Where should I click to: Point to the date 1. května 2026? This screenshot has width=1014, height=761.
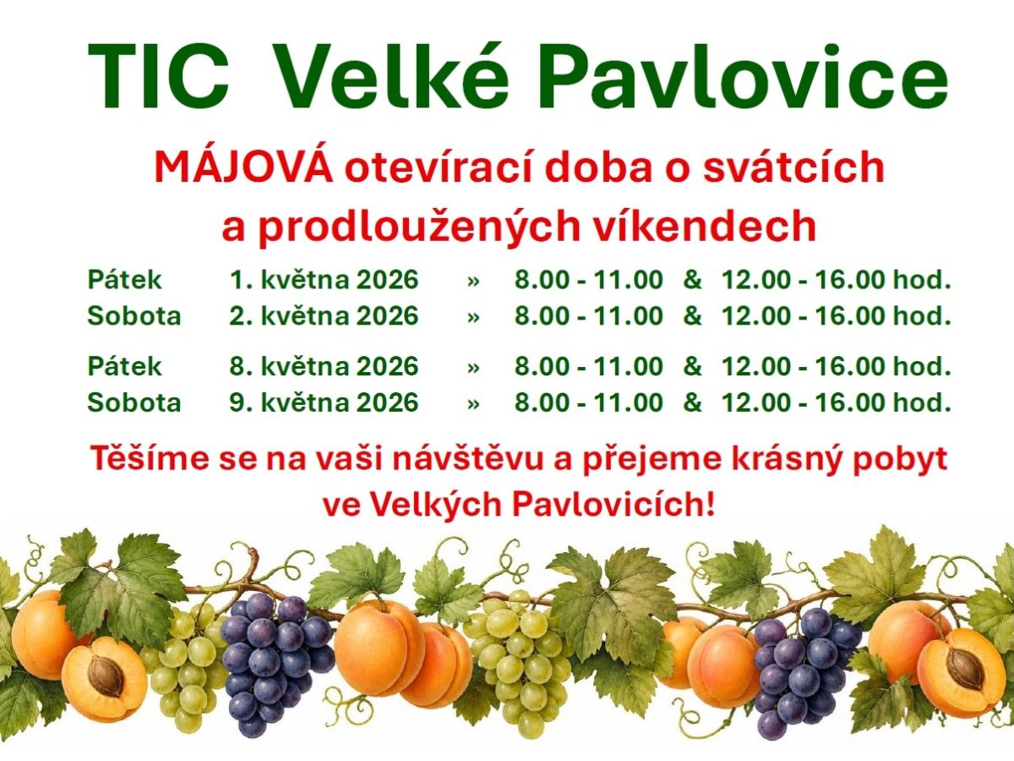(x=324, y=280)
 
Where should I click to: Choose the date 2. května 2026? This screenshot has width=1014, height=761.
(x=324, y=316)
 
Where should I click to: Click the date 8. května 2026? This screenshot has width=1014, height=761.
(x=324, y=366)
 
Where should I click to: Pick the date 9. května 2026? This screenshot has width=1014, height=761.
(x=324, y=402)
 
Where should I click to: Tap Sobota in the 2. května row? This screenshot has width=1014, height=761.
(x=134, y=316)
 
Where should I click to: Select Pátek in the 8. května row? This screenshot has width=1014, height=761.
(x=124, y=366)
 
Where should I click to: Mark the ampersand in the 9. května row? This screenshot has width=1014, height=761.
(x=692, y=402)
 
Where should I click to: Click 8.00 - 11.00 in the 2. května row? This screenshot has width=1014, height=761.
(x=589, y=316)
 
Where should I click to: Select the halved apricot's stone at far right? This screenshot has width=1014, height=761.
(x=963, y=668)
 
